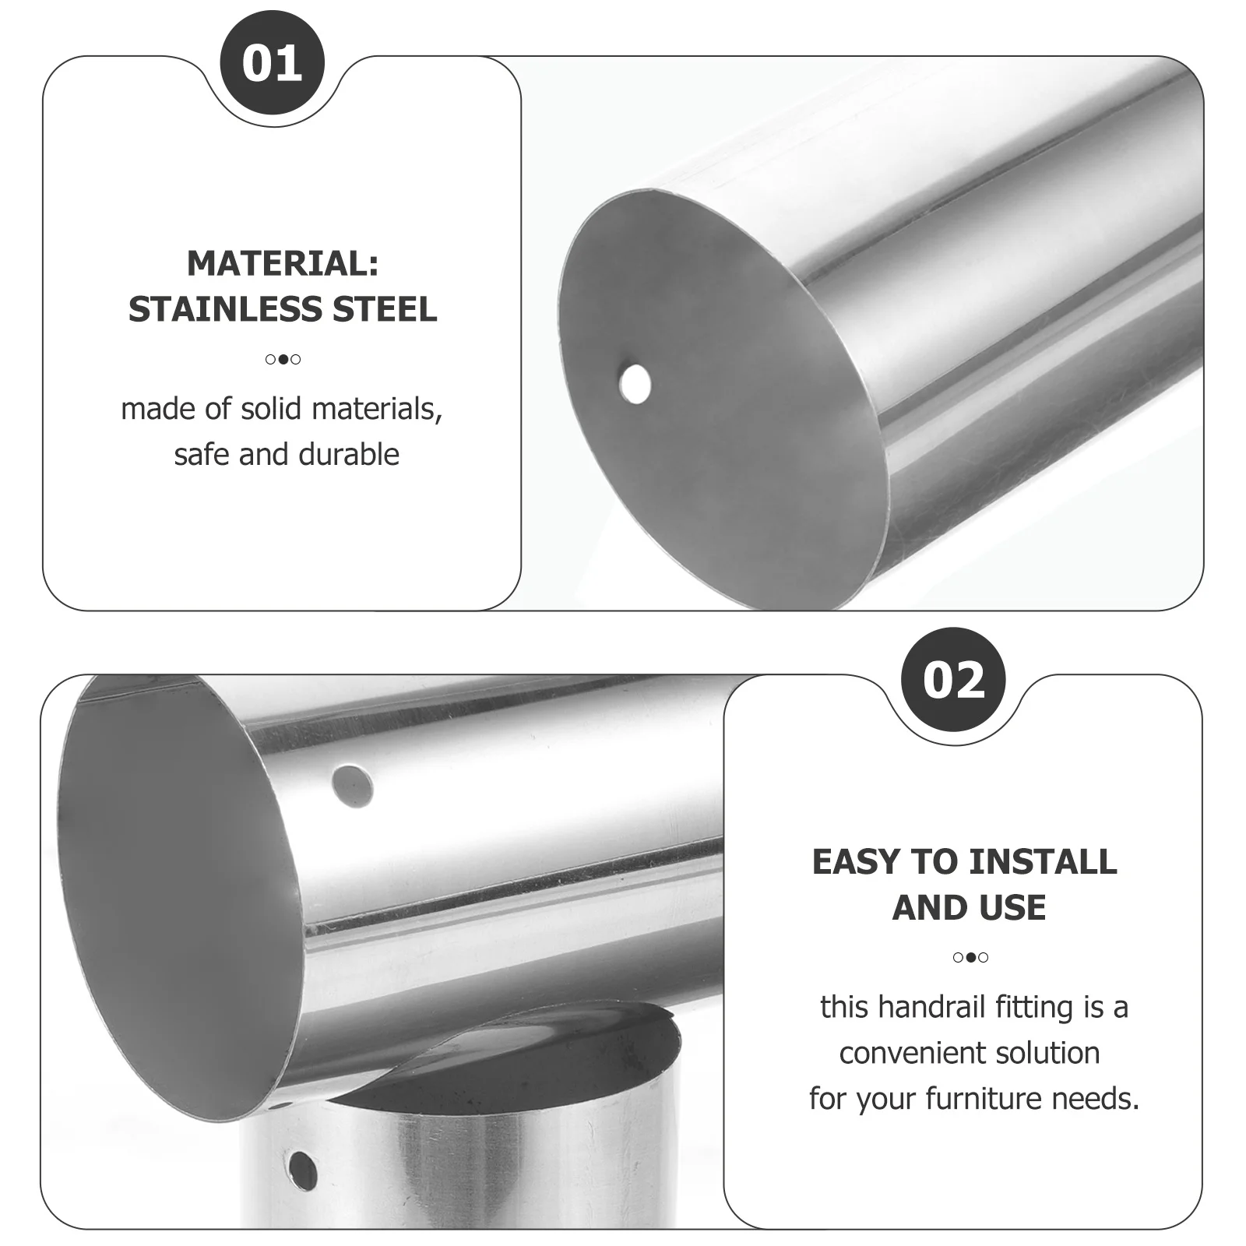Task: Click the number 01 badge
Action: (272, 63)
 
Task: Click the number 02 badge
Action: (953, 680)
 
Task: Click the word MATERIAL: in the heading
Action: (283, 263)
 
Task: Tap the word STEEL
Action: (385, 309)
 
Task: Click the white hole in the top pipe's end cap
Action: (635, 383)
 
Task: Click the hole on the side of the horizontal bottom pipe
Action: (352, 786)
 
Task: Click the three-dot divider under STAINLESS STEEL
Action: (283, 359)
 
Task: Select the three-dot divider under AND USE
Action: (970, 957)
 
